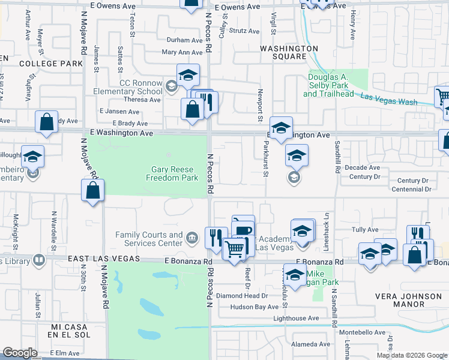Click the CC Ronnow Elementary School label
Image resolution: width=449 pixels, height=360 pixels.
(132, 87)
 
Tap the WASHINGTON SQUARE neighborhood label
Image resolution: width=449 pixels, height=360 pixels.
(288, 52)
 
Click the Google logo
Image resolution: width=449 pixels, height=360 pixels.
(20, 352)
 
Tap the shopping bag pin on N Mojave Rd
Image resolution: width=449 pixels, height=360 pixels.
(92, 191)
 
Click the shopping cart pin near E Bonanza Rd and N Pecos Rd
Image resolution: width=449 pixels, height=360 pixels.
(234, 247)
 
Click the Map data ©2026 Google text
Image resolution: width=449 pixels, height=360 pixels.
(411, 355)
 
